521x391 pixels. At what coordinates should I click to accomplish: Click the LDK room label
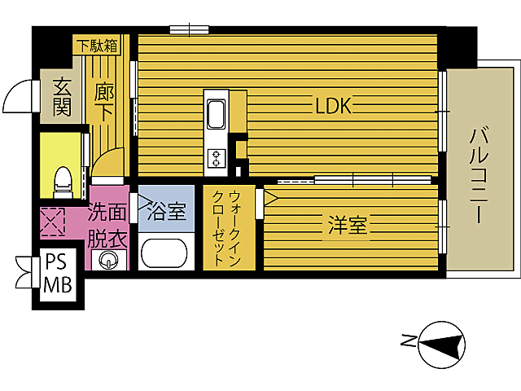333,106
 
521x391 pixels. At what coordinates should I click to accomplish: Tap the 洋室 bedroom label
348,225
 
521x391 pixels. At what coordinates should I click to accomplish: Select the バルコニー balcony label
479,176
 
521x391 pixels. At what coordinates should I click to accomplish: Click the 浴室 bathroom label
167,212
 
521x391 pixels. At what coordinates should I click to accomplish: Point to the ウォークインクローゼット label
226,228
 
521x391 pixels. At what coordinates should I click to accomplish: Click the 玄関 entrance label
62,97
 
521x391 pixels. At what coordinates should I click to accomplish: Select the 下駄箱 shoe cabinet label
97,46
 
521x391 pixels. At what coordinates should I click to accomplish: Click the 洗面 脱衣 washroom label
107,226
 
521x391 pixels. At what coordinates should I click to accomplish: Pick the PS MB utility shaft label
58,275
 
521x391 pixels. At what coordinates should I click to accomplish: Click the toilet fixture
63,182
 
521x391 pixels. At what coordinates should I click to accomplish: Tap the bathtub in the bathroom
164,253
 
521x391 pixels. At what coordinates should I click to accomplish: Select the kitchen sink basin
216,114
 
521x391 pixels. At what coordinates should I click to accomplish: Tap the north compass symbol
441,345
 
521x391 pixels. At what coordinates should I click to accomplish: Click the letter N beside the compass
409,340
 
